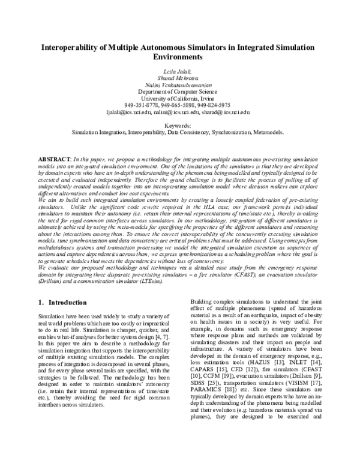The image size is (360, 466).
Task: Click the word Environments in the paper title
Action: [180, 58]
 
